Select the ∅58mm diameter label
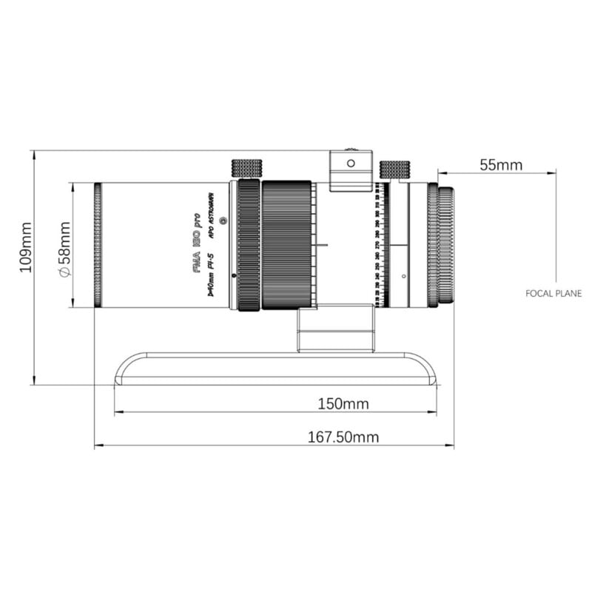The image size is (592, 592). coord(64,249)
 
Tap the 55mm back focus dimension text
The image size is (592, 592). coord(500,164)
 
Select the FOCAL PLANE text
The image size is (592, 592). coord(554,294)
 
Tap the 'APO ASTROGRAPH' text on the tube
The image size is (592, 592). coord(211,215)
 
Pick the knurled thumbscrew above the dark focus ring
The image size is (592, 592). coord(246,169)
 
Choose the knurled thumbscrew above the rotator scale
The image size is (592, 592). coord(394,169)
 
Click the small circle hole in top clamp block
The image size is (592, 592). coord(351,161)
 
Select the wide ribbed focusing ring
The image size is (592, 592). coord(286,244)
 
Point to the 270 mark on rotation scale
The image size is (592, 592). coord(377,243)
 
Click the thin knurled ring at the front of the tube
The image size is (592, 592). coord(98,245)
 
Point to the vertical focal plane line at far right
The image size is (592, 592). coord(556,222)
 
